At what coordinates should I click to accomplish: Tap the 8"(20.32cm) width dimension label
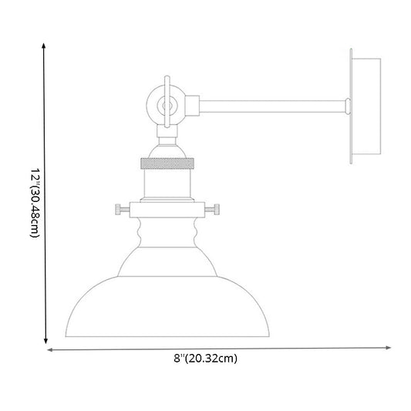tap(205, 358)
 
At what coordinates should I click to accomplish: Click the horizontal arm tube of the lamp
tap(270, 102)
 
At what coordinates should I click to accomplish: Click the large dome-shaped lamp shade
tap(167, 305)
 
